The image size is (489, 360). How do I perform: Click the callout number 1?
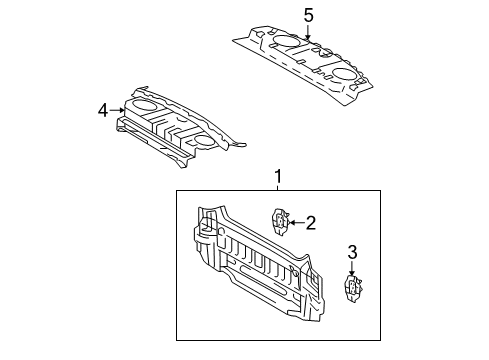tap(278, 177)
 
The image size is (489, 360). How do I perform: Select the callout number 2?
tap(310, 223)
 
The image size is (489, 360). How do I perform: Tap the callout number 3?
tap(352, 252)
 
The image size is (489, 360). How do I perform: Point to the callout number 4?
tap(103, 110)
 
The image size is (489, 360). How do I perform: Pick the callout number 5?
tap(308, 15)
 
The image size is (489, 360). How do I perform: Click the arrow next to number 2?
tap(294, 223)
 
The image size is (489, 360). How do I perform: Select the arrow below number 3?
tap(352, 269)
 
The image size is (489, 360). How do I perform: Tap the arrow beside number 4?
tap(119, 110)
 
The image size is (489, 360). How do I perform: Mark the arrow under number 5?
tap(308, 32)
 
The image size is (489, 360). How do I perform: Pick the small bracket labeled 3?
tap(352, 289)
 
